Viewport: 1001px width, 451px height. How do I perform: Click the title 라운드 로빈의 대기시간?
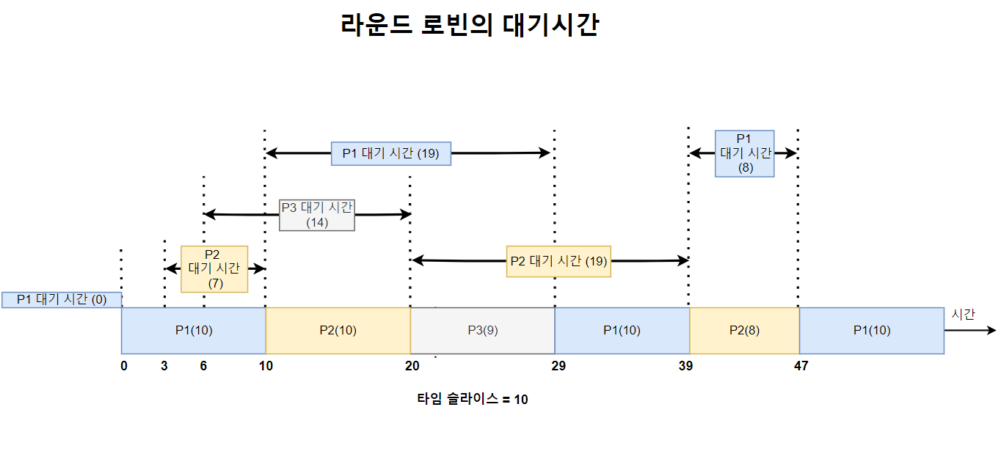tap(470, 26)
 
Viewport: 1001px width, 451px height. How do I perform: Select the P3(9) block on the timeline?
tap(482, 330)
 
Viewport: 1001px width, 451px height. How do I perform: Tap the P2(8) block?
tap(744, 330)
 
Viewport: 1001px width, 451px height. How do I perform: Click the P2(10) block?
tap(338, 330)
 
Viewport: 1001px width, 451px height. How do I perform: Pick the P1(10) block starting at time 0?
tap(193, 330)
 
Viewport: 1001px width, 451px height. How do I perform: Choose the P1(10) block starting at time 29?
tap(622, 330)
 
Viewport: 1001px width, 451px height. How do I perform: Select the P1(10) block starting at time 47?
tap(871, 330)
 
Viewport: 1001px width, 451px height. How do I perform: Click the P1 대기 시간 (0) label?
tap(62, 299)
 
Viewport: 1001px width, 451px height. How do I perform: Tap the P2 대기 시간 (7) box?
tap(214, 268)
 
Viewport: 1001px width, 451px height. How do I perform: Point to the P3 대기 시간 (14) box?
tap(317, 215)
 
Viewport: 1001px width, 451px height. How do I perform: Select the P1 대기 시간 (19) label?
tap(390, 153)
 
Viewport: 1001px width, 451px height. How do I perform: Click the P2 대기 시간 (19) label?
tap(558, 261)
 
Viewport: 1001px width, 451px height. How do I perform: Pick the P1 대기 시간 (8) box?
tap(745, 153)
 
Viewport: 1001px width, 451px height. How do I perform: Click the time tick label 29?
tap(558, 366)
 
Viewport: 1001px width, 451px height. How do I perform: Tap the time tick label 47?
tap(801, 366)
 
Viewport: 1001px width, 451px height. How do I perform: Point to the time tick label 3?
tap(164, 366)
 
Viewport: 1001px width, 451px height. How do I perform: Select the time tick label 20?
tap(412, 366)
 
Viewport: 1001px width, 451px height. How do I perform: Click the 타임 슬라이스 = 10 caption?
tap(472, 400)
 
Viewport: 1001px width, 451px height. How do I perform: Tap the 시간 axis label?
tap(963, 314)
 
